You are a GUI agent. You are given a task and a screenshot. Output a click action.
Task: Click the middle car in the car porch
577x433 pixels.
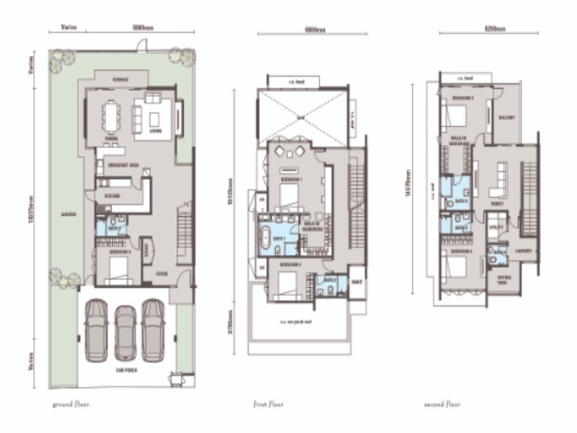pos(125,332)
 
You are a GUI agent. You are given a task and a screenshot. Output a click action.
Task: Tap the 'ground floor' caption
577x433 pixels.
pos(71,405)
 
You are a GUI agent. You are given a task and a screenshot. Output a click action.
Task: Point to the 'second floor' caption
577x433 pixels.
pos(442,405)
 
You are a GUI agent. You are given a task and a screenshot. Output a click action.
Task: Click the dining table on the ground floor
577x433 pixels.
pos(113,114)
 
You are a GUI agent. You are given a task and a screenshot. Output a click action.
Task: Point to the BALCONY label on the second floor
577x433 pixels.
pos(506,118)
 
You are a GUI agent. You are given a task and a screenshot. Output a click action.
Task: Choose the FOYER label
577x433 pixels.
pos(160,273)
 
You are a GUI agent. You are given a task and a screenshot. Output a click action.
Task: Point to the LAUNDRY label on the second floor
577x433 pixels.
pos(523,251)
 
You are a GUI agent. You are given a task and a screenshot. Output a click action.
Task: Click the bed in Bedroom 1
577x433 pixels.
pos(290,193)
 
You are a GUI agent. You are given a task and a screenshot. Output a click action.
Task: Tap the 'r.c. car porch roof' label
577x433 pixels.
pos(296,323)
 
